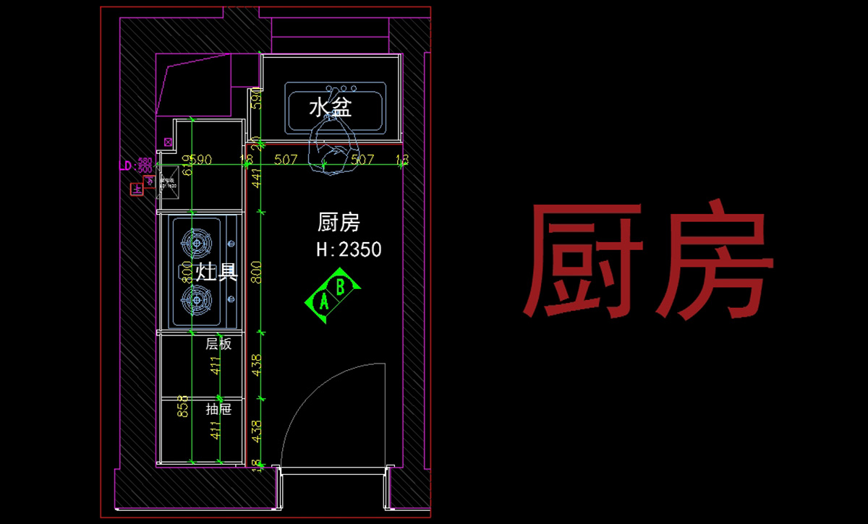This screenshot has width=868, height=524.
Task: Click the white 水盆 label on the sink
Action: click(330, 108)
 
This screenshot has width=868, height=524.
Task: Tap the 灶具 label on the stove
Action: click(208, 272)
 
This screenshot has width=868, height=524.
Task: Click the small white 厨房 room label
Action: click(339, 222)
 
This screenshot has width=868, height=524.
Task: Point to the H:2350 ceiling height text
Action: click(349, 250)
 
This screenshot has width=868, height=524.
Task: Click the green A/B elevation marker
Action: click(333, 291)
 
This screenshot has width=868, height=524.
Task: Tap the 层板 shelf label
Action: click(218, 344)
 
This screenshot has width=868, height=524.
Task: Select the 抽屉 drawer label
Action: click(218, 409)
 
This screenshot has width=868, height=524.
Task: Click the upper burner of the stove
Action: click(198, 243)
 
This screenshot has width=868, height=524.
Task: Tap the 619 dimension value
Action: click(187, 166)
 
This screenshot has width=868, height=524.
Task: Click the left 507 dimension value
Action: click(286, 160)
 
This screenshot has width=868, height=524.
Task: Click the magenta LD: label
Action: click(127, 166)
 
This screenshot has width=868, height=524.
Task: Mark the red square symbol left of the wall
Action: click(135, 189)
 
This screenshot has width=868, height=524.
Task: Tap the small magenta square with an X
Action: click(169, 142)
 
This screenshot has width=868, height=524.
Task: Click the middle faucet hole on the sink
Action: click(336, 90)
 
